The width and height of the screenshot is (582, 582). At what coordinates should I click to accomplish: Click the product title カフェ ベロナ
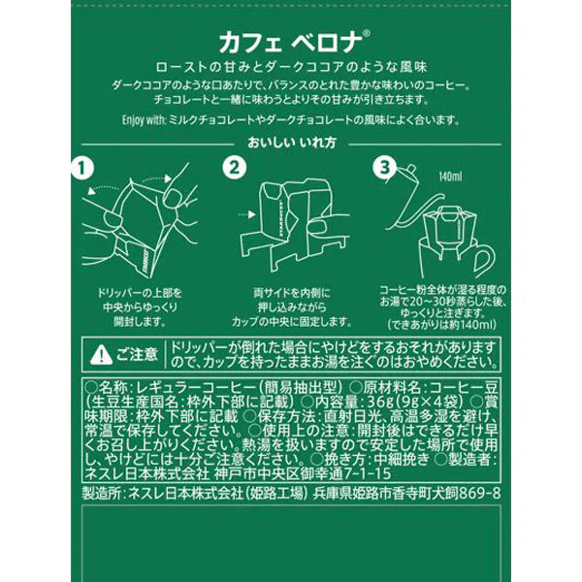tap(290, 43)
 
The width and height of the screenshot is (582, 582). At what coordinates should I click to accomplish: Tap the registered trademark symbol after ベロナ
tap(366, 33)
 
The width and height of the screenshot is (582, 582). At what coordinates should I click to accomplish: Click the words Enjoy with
tap(144, 120)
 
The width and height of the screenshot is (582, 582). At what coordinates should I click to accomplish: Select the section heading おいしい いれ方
tap(292, 143)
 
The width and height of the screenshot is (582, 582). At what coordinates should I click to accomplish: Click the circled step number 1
tap(81, 169)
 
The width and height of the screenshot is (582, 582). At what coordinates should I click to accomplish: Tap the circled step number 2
tap(234, 168)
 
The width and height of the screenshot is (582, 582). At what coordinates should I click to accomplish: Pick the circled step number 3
tap(384, 168)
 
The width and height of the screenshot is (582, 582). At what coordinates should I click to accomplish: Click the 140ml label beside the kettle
tap(450, 177)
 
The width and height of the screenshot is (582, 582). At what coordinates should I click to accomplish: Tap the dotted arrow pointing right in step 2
tap(246, 214)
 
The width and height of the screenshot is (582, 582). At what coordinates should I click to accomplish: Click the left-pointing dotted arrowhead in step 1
tap(91, 191)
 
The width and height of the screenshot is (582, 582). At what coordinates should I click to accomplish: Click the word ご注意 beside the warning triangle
tap(137, 354)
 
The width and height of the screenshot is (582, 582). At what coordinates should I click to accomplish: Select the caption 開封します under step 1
tap(140, 321)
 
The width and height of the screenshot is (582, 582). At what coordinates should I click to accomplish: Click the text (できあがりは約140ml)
tap(442, 325)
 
